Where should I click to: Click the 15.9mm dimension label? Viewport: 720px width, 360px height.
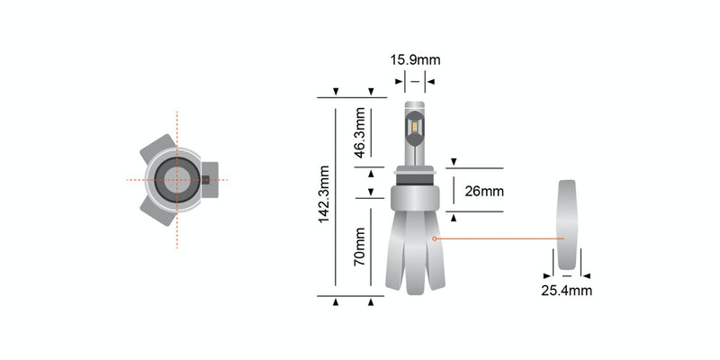pos(415,60)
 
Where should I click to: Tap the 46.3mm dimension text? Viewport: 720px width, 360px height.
pos(358,133)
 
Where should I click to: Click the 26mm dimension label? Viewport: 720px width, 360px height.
pos(484,192)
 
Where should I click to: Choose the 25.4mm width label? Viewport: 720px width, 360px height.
pos(566,291)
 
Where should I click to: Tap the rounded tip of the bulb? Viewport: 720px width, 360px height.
pos(415,109)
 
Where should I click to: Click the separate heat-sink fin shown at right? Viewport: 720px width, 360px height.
pos(566,225)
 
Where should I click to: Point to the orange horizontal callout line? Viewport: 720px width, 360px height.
pos(499,238)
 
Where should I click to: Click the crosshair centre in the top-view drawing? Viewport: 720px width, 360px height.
pos(177,179)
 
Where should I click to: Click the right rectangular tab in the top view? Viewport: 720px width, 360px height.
pos(209,178)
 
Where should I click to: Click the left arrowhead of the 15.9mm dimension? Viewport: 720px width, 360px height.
pos(399,81)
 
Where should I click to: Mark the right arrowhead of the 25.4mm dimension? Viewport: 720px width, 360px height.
pos(586,275)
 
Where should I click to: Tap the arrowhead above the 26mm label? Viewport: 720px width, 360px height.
pos(454,163)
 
